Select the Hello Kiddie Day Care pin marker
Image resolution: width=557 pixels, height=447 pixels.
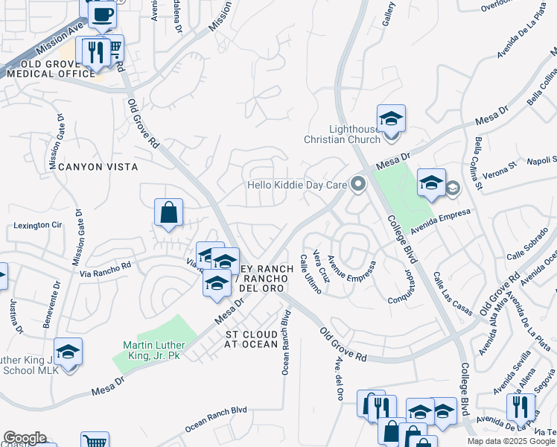(359, 183)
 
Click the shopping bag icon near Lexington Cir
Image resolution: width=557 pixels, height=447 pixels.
(169, 213)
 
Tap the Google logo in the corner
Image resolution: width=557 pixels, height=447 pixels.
(25, 438)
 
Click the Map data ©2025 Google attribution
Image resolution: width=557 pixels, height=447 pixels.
(511, 441)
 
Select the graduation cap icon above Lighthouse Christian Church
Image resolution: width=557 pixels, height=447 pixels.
(391, 118)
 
